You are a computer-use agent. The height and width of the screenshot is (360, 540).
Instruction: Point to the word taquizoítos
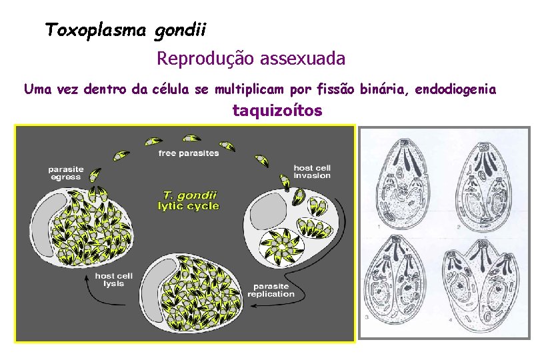tap(277, 111)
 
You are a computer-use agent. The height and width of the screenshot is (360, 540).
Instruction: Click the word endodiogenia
tap(455, 89)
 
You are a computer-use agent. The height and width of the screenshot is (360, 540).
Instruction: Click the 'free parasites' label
tap(189, 153)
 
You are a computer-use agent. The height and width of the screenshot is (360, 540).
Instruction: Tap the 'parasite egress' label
tap(65, 173)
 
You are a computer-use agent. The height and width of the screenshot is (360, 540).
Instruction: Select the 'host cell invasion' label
tap(312, 171)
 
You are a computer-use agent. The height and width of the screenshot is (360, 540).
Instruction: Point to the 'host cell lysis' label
tap(113, 280)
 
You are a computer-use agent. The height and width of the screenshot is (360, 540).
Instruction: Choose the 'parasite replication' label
tap(271, 289)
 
